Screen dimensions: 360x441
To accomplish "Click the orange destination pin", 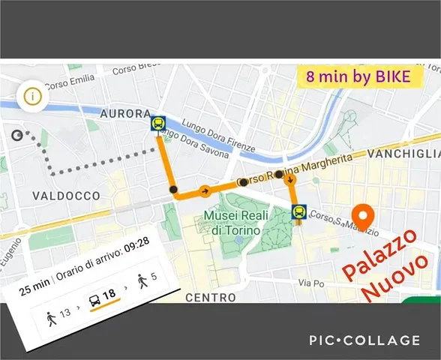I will (x=363, y=216).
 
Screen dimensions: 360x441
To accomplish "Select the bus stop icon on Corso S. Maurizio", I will (x=298, y=213).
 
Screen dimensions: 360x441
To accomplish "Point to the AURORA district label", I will (x=125, y=113).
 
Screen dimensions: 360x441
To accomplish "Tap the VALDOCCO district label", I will (x=66, y=195).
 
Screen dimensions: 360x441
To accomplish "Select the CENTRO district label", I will (x=211, y=297).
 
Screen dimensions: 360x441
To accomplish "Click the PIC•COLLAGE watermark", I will (x=364, y=340).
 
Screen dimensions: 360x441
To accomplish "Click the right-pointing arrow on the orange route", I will (x=204, y=190).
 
